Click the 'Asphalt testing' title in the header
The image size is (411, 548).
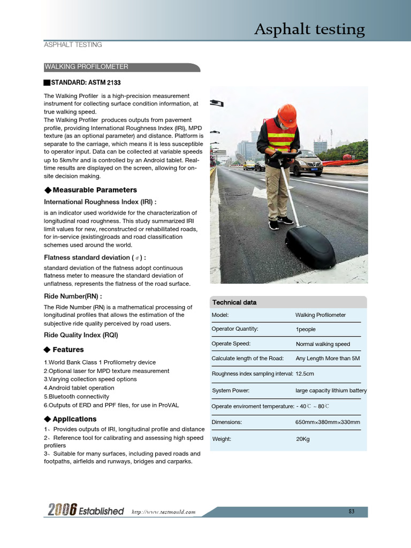pos(309,29)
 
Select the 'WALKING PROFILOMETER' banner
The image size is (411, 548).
pos(86,67)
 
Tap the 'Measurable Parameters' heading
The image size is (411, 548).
pos(94,190)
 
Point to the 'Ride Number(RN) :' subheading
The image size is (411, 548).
pos(73,296)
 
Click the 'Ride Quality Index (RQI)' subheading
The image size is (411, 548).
pos(81,335)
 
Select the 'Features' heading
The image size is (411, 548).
pos(68,349)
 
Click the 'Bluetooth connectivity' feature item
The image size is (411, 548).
pos(78,397)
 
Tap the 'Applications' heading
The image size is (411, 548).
pos(74,419)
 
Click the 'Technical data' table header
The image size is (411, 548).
pos(234,302)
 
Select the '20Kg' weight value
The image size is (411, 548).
pos(303,439)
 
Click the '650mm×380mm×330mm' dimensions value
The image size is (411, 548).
pos(328,422)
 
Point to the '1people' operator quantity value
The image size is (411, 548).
pos(306,330)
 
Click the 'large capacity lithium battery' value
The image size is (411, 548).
pos(331,391)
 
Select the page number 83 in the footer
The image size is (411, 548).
pos(352,512)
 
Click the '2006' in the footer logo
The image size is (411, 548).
pos(60,511)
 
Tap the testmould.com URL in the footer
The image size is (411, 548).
pos(164,512)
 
